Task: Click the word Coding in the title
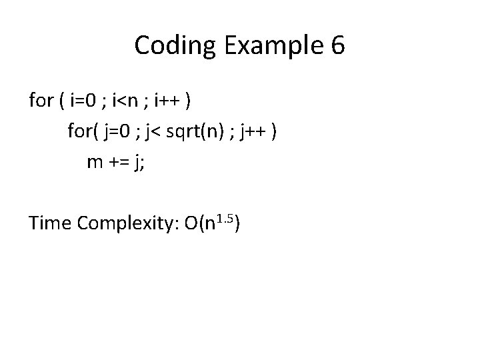click(x=173, y=45)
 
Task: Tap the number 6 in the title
click(x=337, y=45)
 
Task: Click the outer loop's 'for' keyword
click(x=41, y=101)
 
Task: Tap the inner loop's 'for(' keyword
click(x=82, y=131)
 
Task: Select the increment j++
click(x=251, y=131)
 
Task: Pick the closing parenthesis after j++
click(x=275, y=131)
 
